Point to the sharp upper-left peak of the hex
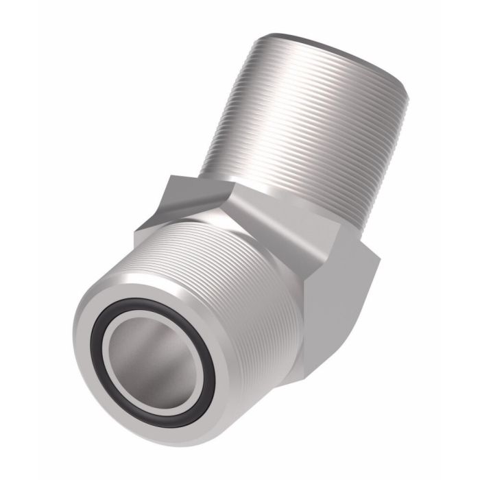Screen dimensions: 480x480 (173, 177)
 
